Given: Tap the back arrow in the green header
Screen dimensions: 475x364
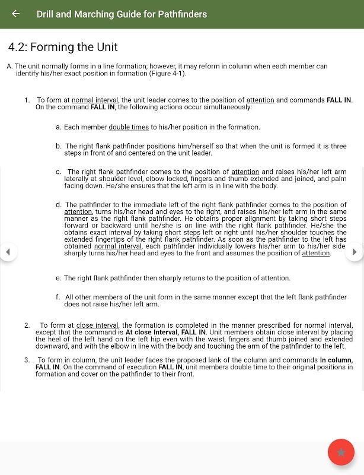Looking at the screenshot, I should pos(16,14).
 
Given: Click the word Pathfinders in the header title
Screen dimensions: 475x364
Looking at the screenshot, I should pos(175,14).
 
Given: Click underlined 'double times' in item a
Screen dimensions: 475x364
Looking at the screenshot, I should pos(129,127).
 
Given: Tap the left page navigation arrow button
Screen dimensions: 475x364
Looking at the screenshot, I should pos(8,252).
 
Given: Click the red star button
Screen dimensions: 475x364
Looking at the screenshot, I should pos(341,452).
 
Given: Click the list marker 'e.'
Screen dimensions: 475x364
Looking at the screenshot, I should pos(59,278).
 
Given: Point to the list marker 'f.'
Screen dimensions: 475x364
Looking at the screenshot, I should pos(58,297).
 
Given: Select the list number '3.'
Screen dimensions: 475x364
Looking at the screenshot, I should pos(27,360).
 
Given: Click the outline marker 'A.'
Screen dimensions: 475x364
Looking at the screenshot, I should pos(9,66).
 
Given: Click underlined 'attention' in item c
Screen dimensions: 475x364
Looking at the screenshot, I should pos(245,172).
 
